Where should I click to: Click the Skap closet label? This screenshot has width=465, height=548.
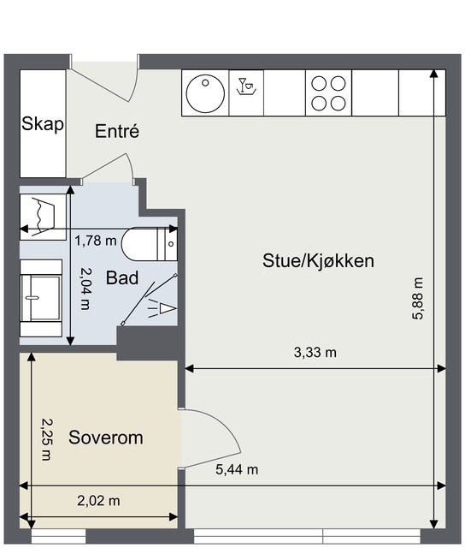pos(43,123)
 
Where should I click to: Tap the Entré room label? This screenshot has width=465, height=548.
pos(117,131)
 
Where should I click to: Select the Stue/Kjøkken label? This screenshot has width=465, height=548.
pos(318,260)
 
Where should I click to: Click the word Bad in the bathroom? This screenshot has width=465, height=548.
pos(122,277)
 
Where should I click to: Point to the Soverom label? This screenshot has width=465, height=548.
pos(106,438)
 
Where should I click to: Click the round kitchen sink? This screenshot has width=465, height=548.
pos(205,93)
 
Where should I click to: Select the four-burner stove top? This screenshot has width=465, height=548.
pos(328,93)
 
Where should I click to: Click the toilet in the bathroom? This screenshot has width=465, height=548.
pos(150,244)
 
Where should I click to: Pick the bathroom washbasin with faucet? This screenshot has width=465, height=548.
pos(41,298)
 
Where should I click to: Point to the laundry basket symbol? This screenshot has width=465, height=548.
pos(43,217)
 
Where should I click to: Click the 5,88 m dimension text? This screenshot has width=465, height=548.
pos(417,299)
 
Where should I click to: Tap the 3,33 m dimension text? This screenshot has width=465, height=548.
pos(315,353)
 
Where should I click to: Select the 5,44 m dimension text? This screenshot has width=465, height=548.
pos(237,470)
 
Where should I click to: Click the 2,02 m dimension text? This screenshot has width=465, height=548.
pos(98,501)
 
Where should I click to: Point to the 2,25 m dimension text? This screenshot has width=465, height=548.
pos(46,439)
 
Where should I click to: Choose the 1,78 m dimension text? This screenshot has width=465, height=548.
pos(96,241)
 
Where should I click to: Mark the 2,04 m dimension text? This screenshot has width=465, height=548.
pos(85,289)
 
